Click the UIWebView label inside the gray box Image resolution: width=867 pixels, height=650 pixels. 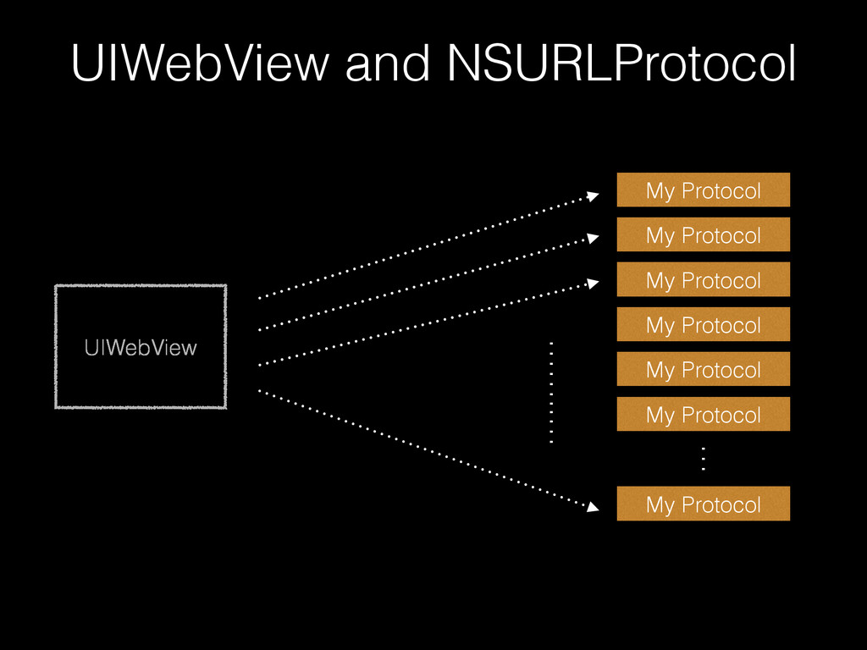coord(140,347)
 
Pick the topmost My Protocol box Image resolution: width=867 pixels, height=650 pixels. coord(703,190)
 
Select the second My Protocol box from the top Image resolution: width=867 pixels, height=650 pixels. coord(703,235)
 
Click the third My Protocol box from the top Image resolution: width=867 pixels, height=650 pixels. coord(703,280)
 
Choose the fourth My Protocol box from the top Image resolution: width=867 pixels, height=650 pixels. coord(703,325)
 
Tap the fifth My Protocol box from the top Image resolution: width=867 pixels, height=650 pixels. coord(703,370)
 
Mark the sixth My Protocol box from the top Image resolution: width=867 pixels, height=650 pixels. coord(703,415)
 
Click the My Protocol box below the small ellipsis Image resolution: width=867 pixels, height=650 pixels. coord(703,504)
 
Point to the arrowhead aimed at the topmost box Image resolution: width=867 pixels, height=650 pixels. coord(593,196)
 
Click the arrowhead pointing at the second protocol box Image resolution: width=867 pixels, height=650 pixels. coord(593,240)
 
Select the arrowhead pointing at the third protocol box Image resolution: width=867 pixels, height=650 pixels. coord(593,285)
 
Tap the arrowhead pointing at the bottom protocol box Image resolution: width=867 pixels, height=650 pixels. coord(593,507)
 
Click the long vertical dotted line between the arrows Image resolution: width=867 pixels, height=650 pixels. coord(550,392)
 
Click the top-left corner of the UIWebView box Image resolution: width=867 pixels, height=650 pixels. coord(57,286)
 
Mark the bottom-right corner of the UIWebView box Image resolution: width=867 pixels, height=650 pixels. coord(225,408)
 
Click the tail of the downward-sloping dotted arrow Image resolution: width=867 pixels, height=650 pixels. coord(259,391)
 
